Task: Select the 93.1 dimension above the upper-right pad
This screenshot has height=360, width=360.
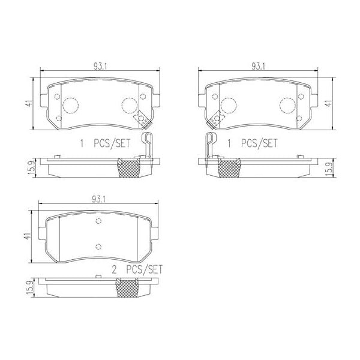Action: point(259,66)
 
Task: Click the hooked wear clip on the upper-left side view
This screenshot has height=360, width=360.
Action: point(148,146)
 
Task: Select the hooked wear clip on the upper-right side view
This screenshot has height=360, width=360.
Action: point(209,146)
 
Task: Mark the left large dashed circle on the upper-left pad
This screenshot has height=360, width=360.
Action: point(71,105)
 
